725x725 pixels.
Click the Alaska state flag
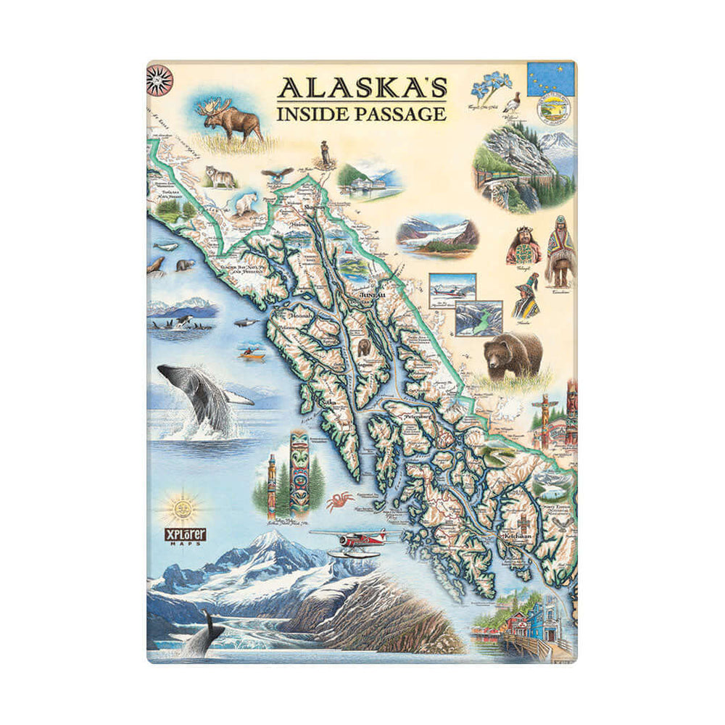click(x=550, y=79)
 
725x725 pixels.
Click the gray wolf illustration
click(x=220, y=176)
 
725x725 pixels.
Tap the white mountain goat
click(x=245, y=204)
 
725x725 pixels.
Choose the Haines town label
click(x=298, y=225)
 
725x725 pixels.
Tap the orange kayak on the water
click(x=251, y=354)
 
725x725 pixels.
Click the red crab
click(x=339, y=501)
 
